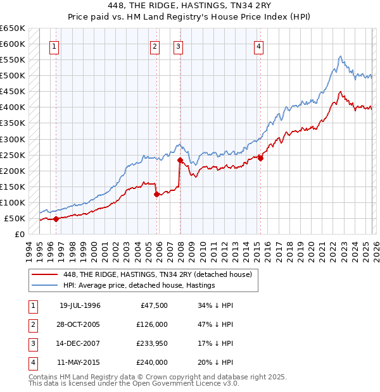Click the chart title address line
[x=189, y=6]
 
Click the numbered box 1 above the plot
[x=54, y=46]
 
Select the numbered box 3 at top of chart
[x=179, y=46]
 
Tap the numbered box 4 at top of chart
[x=260, y=46]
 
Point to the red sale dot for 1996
[x=56, y=219]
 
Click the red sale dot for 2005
[x=156, y=194]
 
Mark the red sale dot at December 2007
[x=180, y=160]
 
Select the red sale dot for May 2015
[x=260, y=158]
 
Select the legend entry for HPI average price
[x=139, y=286]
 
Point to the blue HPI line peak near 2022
[x=341, y=56]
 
